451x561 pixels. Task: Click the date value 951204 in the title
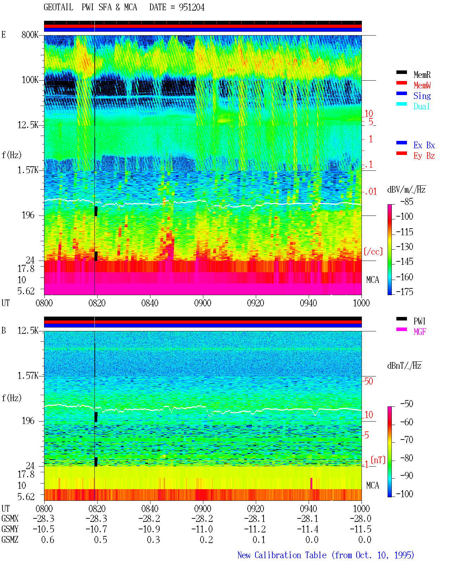coord(191,7)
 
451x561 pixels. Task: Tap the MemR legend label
coord(422,75)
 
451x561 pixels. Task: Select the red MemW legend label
coord(422,85)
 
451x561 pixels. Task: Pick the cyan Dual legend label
coord(421,106)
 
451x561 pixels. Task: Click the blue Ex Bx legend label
coord(424,145)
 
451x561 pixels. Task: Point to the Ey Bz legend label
coord(424,156)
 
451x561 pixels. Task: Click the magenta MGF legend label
coord(420,332)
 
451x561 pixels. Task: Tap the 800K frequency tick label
coord(30,35)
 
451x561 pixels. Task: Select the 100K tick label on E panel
coord(30,80)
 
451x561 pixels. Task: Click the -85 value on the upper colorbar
coord(406,201)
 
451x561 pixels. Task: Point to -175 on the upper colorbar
coord(404,292)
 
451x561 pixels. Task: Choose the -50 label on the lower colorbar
coord(406,404)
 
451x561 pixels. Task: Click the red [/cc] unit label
coord(373,251)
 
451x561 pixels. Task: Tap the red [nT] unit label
coord(378,460)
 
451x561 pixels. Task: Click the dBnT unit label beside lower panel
coord(404,366)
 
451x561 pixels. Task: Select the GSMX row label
coord(10,518)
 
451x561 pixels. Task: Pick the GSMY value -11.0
coord(202,529)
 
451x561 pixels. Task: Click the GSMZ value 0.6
coord(48,540)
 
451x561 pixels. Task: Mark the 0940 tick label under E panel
coord(308,303)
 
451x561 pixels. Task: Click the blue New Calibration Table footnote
coord(326,555)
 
